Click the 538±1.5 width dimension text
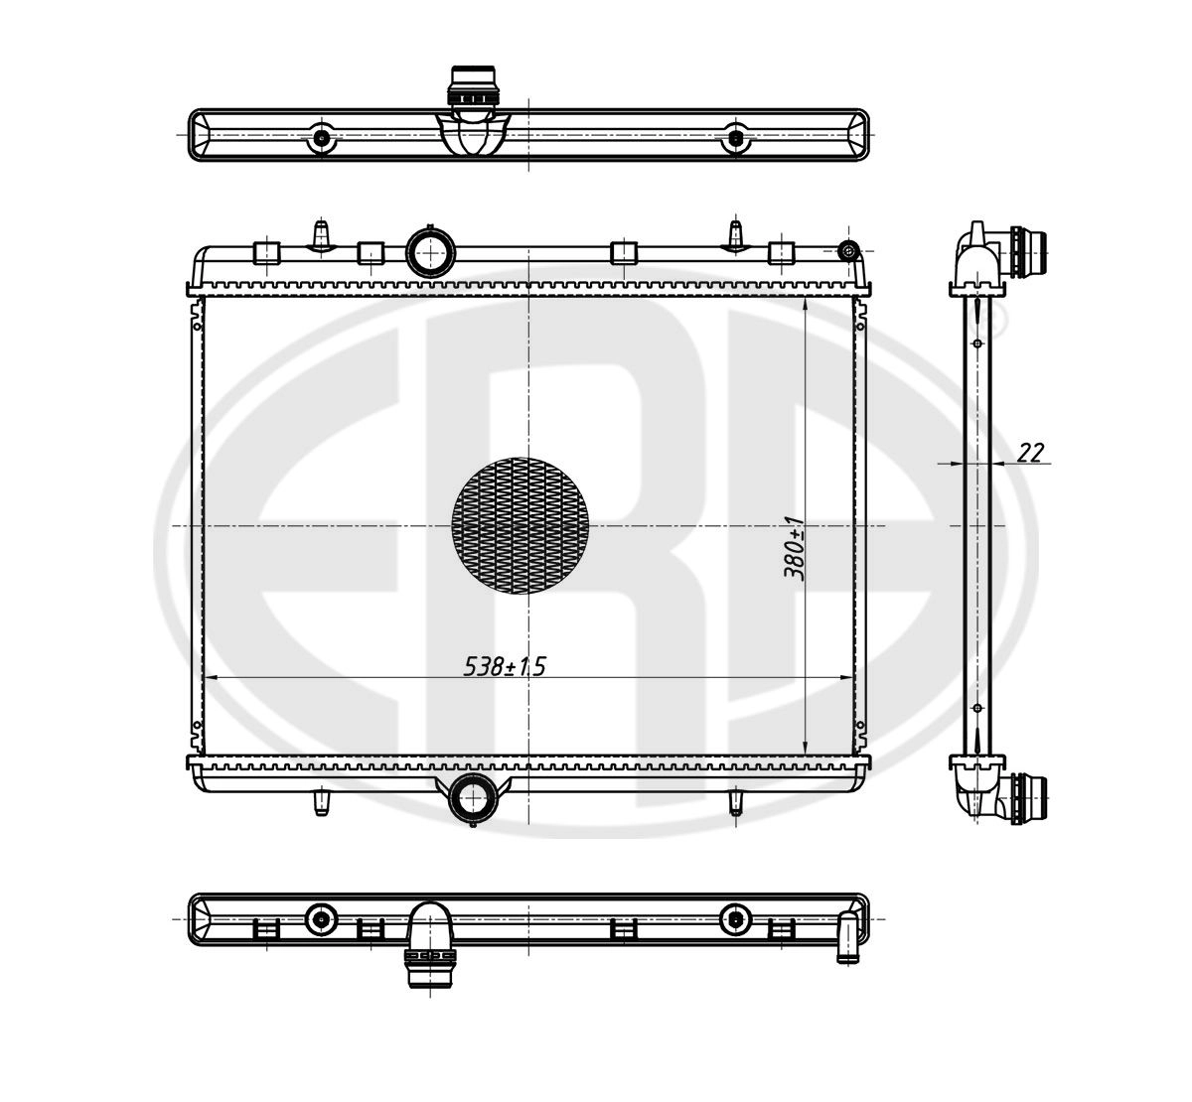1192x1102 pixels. (x=505, y=667)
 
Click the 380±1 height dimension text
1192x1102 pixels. (x=793, y=548)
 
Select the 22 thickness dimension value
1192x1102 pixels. (x=1031, y=453)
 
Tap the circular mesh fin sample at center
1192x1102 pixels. (x=520, y=526)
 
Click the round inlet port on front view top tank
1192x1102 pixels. (x=430, y=252)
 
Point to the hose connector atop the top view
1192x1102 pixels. (x=472, y=87)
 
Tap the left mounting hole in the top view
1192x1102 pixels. (x=321, y=138)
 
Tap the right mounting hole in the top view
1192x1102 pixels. (x=735, y=138)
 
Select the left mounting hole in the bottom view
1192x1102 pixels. (x=321, y=919)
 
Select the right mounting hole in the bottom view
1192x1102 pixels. (x=735, y=919)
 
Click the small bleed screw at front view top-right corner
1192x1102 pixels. (x=848, y=249)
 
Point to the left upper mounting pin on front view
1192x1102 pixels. (x=321, y=236)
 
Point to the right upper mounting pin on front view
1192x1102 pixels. (x=736, y=236)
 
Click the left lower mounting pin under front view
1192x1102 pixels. (x=321, y=801)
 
